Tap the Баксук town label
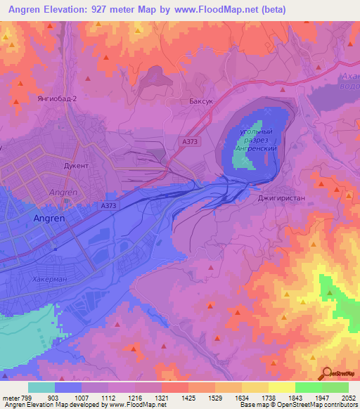[x=202, y=101]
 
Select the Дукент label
[x=76, y=166]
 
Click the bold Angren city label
[x=50, y=219]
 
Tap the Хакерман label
[x=49, y=280]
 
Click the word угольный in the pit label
[x=256, y=131]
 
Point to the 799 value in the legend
[x=29, y=397]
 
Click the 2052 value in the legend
[x=349, y=397]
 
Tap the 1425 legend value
[x=188, y=397]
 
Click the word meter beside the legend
[x=10, y=397]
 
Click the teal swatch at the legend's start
[x=41, y=387]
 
